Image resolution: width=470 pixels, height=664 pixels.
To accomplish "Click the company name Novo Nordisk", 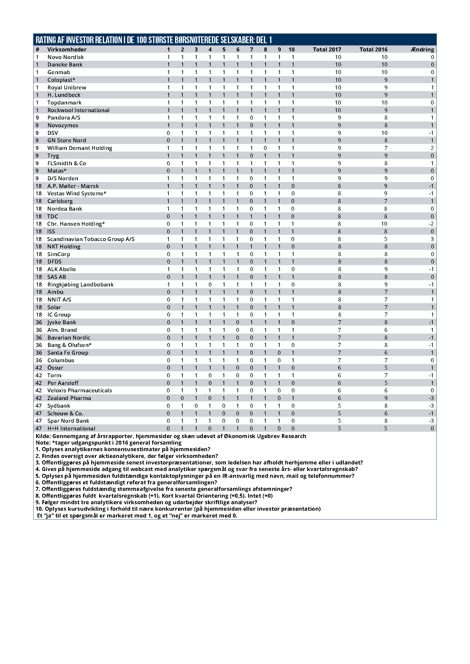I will pos(65,57).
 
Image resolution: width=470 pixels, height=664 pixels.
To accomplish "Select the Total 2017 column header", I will pos(327,49).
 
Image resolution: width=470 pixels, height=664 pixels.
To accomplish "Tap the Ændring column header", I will pos(422,49).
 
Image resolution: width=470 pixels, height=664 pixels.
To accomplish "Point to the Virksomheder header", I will pos(67,49).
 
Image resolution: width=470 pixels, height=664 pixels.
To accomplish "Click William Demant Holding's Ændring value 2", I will pos(432,148).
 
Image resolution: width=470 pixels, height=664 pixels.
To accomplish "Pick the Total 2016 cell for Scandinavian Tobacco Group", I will pos(386,239).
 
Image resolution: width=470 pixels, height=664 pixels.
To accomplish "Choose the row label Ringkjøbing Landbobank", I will pos(80,284).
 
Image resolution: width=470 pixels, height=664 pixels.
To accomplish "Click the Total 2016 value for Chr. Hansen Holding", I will pos(384,224).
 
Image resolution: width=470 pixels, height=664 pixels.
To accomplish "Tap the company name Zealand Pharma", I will pos(69,398).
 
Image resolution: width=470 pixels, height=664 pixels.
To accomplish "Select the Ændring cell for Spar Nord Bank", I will pos(431,421).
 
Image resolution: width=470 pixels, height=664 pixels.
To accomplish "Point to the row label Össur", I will pos(55,368).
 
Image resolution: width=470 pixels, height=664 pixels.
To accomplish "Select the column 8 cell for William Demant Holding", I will pos(265,148).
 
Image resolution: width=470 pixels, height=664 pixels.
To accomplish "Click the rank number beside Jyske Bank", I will pos(39,322).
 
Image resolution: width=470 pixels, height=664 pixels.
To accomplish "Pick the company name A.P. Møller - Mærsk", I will pos(73,186).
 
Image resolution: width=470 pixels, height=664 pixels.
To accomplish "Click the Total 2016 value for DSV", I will pos(384,133).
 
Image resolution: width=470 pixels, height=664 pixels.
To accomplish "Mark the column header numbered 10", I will pos(292,49).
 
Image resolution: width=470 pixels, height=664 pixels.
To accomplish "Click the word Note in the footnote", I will pos(42,443).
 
